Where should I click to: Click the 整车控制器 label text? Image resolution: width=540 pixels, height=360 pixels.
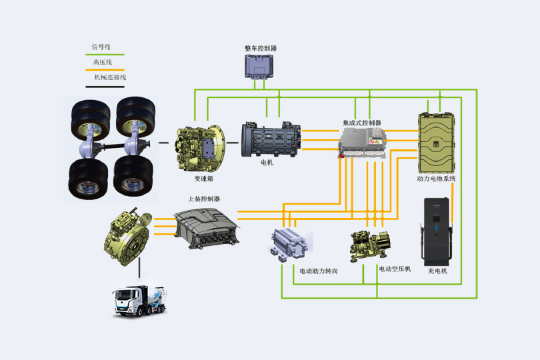pos(261,49)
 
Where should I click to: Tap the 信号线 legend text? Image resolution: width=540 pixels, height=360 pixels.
pos(101,47)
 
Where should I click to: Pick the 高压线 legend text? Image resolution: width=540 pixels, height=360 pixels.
pos(102,62)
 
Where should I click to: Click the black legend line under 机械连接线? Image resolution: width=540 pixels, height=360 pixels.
pos(105,86)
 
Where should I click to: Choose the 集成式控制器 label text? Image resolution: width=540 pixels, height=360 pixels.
pos(362,123)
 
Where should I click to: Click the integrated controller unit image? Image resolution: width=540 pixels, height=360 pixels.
pos(362,144)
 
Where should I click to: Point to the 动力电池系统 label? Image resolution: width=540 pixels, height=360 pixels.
pos(437,179)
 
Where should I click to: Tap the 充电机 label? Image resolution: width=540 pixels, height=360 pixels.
pos(437,271)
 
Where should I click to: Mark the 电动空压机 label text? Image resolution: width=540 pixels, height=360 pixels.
pos(395,269)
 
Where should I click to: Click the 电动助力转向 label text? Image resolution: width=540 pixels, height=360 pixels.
pos(319,271)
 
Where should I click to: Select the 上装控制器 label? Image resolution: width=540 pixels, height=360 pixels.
pos(204,199)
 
